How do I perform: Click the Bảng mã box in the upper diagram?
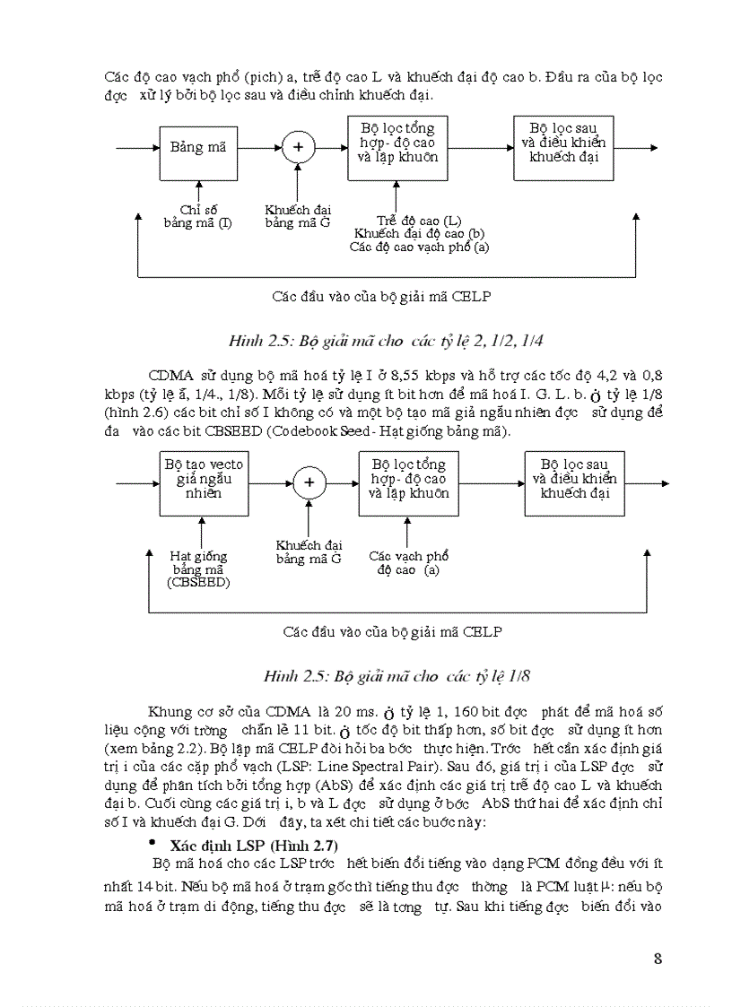[x=197, y=148]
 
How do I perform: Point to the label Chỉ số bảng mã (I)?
[x=196, y=216]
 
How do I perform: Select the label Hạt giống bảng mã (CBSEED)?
[x=198, y=569]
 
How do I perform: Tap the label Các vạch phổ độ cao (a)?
[x=408, y=562]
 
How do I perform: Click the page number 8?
[x=658, y=959]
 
